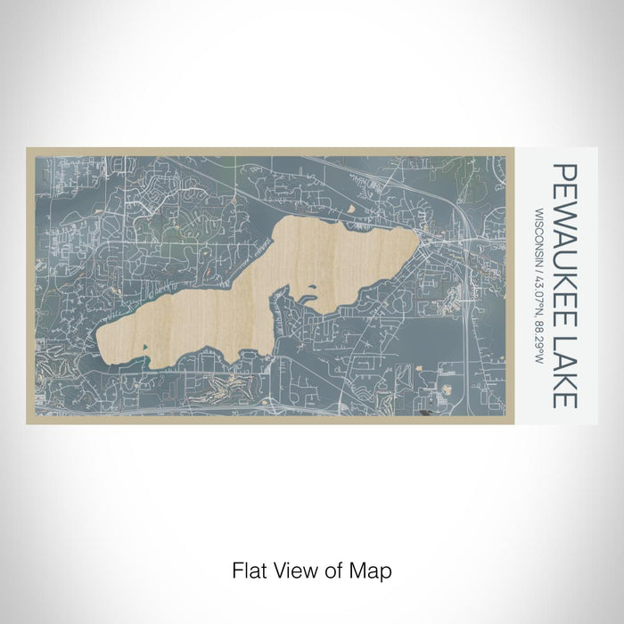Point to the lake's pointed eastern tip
(x=415, y=233)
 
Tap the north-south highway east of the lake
(x=466, y=321)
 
